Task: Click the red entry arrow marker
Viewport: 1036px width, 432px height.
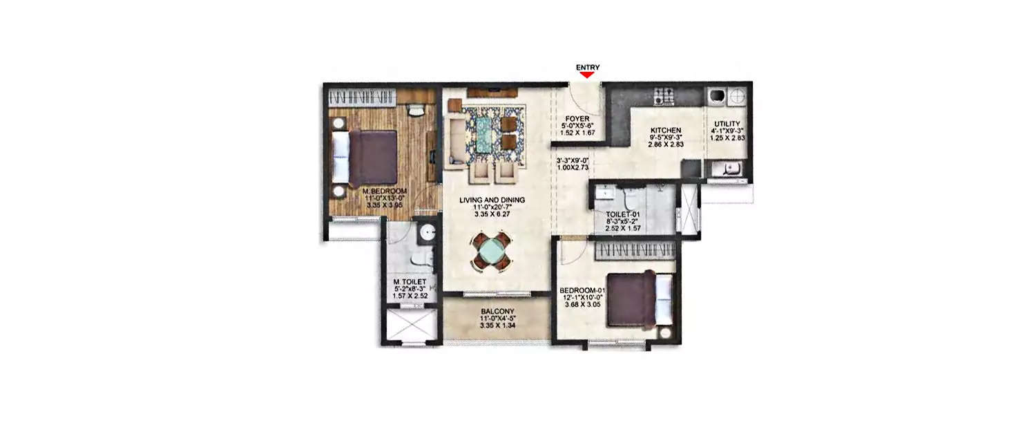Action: pyautogui.click(x=587, y=75)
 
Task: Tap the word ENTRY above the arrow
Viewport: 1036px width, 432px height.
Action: pyautogui.click(x=587, y=67)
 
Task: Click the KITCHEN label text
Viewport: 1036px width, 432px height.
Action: pyautogui.click(x=666, y=130)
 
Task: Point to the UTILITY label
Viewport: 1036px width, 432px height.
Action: pyautogui.click(x=727, y=124)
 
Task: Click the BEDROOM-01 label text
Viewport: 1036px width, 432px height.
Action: pyautogui.click(x=582, y=290)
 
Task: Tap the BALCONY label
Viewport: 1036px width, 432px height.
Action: pyautogui.click(x=495, y=312)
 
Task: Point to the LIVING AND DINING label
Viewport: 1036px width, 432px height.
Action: pyautogui.click(x=492, y=200)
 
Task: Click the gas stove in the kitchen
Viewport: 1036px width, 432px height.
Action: pyautogui.click(x=664, y=95)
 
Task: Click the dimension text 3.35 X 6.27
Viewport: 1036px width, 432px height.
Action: pyautogui.click(x=492, y=214)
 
